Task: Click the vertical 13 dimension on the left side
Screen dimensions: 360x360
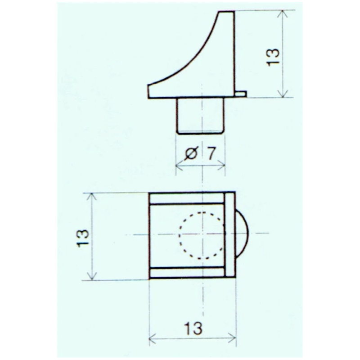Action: coord(82,237)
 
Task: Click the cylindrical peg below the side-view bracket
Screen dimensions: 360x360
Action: coord(201,115)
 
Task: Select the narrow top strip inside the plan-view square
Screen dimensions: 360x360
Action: coord(187,198)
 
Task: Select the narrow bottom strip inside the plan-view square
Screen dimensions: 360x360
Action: coord(187,272)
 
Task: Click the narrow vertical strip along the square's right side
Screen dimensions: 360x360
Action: coord(229,235)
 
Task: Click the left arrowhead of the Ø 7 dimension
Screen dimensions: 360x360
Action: coord(178,166)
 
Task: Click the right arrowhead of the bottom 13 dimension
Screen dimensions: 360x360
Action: coord(234,338)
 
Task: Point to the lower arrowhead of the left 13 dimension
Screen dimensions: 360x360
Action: coord(93,276)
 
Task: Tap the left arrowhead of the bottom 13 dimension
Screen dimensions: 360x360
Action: coord(152,338)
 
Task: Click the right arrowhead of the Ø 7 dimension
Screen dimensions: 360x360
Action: coord(222,166)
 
